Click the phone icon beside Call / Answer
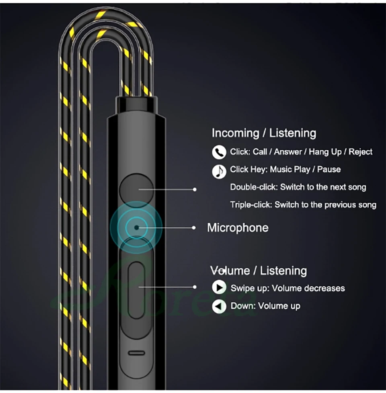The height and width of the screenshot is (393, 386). (219, 152)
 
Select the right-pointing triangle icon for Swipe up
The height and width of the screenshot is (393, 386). (219, 288)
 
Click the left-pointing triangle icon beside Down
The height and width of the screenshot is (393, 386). (219, 307)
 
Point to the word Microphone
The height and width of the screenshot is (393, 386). (238, 228)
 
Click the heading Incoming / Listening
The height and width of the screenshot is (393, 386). (264, 133)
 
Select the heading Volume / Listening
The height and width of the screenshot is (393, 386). (259, 270)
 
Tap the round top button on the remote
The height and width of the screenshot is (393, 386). (137, 188)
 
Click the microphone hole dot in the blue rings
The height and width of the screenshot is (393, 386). (136, 227)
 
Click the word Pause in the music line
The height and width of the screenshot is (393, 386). (329, 170)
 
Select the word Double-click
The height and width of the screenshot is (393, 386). (253, 187)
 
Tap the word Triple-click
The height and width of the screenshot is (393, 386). (251, 205)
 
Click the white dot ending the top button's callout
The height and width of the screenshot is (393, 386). (195, 188)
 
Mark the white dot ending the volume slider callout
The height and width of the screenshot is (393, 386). (195, 287)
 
